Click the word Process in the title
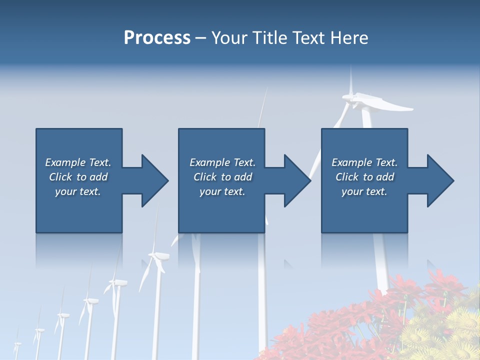pos(157,38)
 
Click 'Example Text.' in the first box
pos(78,162)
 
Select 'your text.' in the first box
pos(78,191)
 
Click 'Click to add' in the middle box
pos(222,177)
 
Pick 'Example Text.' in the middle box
pos(222,162)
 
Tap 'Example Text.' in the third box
pos(364,162)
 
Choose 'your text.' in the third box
pos(364,191)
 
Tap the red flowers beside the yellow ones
pos(350,325)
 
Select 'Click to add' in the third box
pos(364,177)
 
